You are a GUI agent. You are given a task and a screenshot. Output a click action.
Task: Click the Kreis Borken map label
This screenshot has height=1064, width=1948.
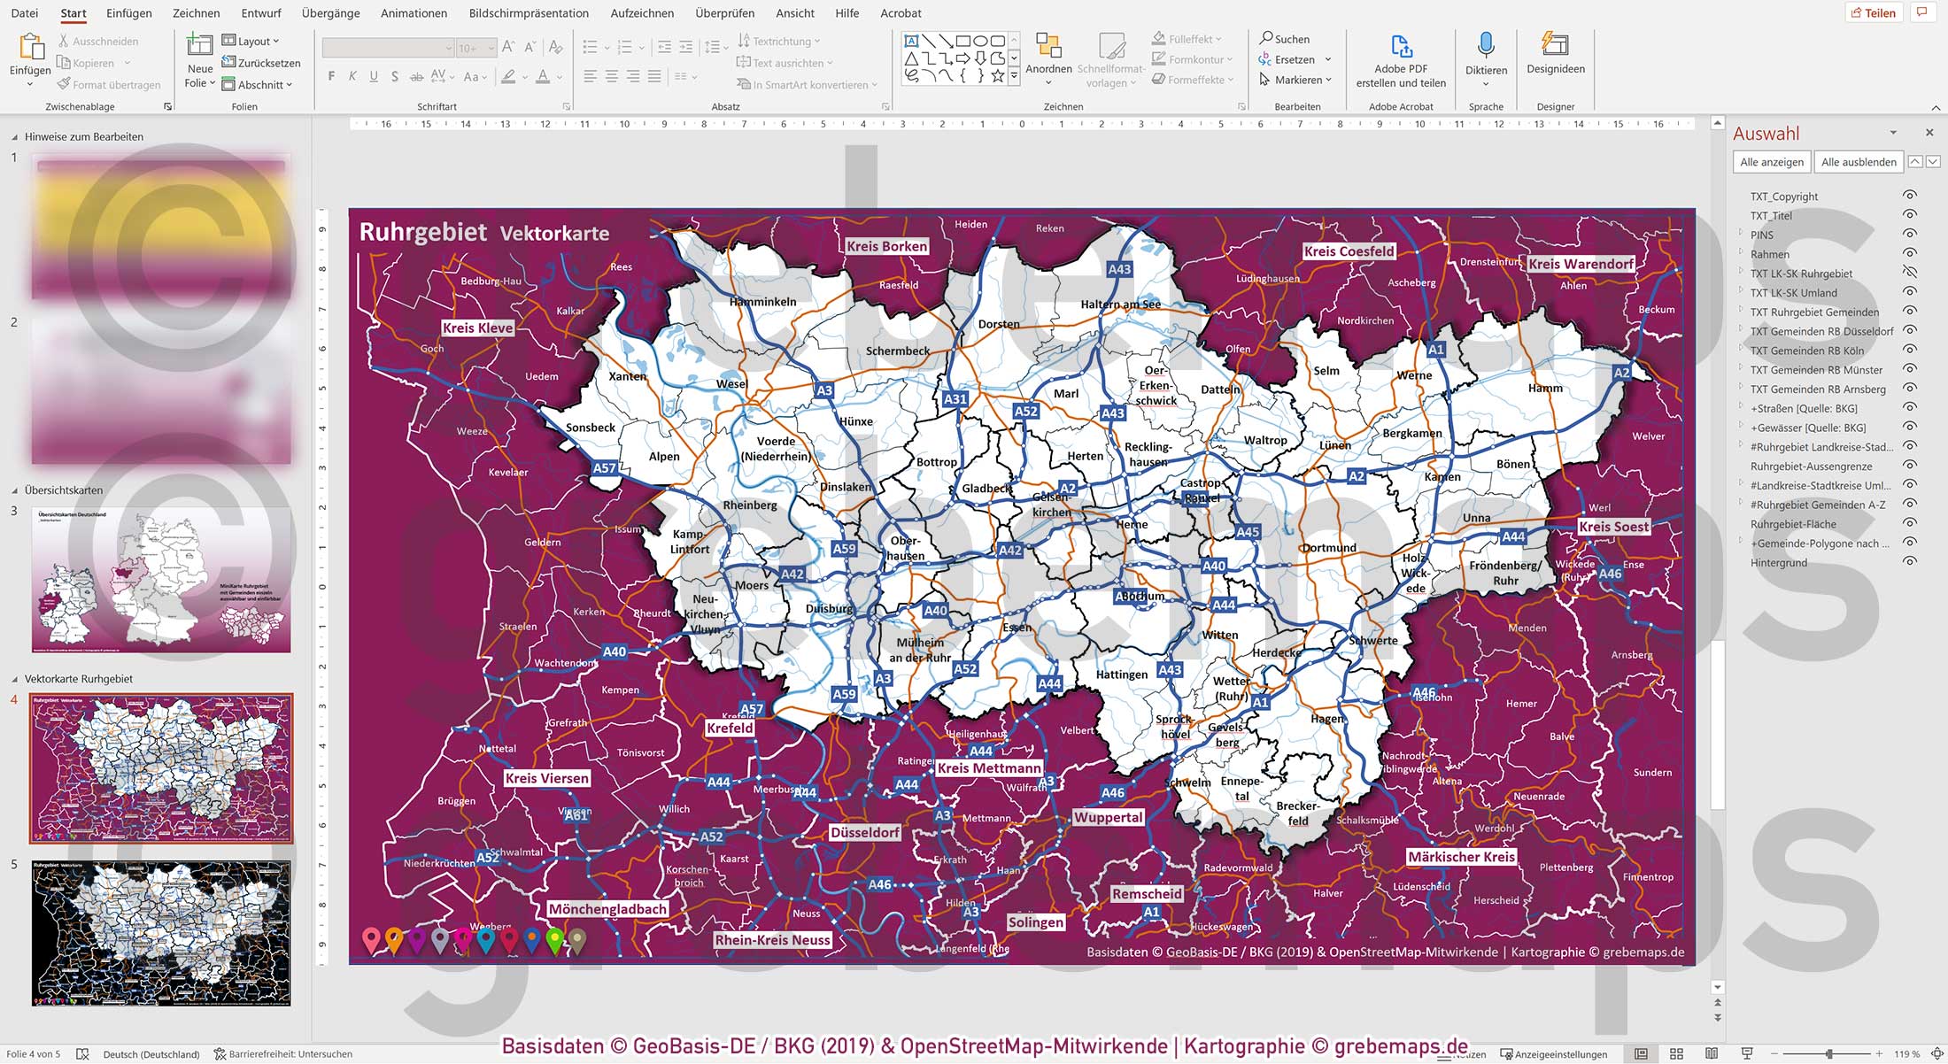886,246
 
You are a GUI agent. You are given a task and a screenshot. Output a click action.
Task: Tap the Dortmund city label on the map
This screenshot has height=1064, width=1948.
1329,548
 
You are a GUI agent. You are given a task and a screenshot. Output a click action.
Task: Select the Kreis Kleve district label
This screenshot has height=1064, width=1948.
477,328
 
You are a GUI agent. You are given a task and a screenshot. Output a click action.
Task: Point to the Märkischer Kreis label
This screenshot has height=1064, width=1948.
1461,857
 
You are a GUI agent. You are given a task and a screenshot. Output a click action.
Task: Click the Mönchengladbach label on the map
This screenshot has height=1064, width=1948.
607,909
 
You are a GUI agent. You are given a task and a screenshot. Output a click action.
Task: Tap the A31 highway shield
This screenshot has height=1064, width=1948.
955,399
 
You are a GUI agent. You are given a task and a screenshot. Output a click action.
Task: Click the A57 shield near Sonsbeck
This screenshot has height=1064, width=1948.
605,468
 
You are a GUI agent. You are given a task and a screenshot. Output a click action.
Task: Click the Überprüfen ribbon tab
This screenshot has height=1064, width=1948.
724,13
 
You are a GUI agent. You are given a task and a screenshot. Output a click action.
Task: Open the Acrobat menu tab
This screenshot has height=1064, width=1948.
901,13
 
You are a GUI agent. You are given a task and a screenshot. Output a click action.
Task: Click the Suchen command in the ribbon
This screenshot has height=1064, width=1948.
1285,39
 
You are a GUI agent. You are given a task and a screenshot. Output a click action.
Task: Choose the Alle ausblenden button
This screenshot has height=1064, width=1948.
1858,162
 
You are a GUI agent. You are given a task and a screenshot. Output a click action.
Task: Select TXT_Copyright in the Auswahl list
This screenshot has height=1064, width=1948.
1783,197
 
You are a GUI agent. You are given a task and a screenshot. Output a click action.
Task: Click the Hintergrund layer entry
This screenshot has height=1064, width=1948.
1778,563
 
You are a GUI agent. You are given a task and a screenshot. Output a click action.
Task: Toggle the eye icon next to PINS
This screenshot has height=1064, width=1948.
1910,235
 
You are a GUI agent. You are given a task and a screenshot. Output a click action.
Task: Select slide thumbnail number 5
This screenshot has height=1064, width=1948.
161,933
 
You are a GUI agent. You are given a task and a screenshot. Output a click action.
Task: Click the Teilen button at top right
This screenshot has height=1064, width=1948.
1873,12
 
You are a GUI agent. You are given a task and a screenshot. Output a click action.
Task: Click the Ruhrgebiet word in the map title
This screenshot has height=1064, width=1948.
422,232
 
